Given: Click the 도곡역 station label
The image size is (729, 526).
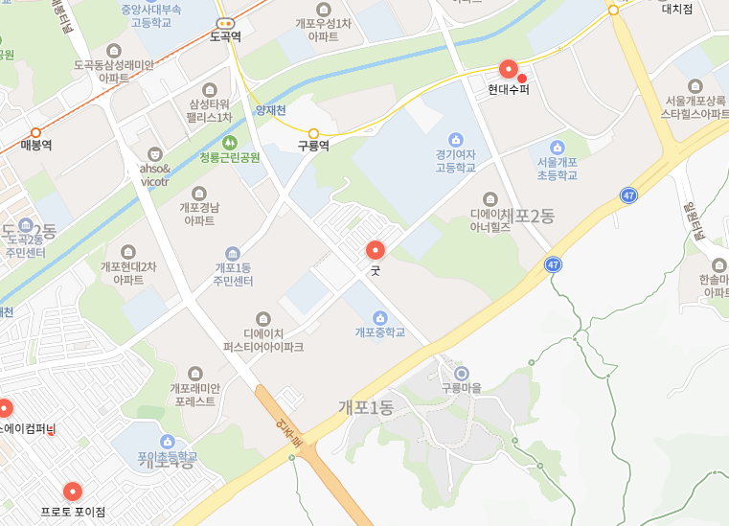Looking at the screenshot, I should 225,36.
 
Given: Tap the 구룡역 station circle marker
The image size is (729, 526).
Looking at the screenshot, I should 313,133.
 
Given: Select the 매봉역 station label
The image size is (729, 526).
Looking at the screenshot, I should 36,146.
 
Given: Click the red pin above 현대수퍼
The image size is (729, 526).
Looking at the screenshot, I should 509,69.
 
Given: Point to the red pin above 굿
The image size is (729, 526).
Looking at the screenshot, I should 376,250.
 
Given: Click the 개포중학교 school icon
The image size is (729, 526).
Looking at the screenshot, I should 380,317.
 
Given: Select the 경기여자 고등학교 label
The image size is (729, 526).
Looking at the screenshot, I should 455,159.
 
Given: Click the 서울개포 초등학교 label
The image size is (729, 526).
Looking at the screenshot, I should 557,169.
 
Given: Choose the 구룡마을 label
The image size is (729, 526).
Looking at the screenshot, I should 461,388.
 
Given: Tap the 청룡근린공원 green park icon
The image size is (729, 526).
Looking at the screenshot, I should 229,143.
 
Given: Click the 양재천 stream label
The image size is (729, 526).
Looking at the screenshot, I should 271,110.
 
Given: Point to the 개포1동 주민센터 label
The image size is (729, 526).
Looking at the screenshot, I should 234,274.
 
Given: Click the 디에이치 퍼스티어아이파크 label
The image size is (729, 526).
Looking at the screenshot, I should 263,339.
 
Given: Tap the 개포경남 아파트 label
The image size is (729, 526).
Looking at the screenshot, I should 199,213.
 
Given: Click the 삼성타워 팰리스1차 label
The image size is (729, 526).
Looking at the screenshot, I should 211,110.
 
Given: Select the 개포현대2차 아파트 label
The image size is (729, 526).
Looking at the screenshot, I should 128,273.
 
